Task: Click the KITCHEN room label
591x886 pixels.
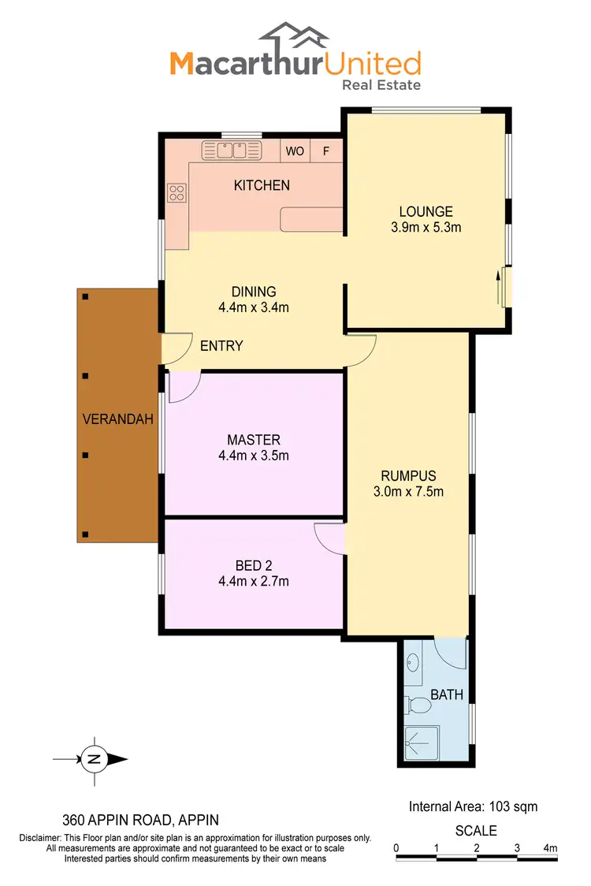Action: click(262, 185)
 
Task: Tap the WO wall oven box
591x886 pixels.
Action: click(295, 151)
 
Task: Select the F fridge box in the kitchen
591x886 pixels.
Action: click(326, 151)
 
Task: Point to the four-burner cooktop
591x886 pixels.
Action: click(177, 192)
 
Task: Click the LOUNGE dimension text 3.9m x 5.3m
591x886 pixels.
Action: click(426, 228)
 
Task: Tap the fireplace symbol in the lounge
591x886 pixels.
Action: click(503, 286)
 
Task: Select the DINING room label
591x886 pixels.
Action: click(254, 292)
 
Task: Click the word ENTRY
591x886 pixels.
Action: click(221, 346)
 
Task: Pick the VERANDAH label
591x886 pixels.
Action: click(117, 419)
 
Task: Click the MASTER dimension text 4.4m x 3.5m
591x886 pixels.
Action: click(254, 456)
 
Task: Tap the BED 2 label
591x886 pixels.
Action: click(254, 565)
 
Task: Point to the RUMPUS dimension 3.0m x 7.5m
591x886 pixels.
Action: click(408, 493)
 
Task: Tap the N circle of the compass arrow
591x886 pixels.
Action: click(94, 760)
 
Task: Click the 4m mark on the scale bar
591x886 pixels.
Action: click(550, 847)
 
